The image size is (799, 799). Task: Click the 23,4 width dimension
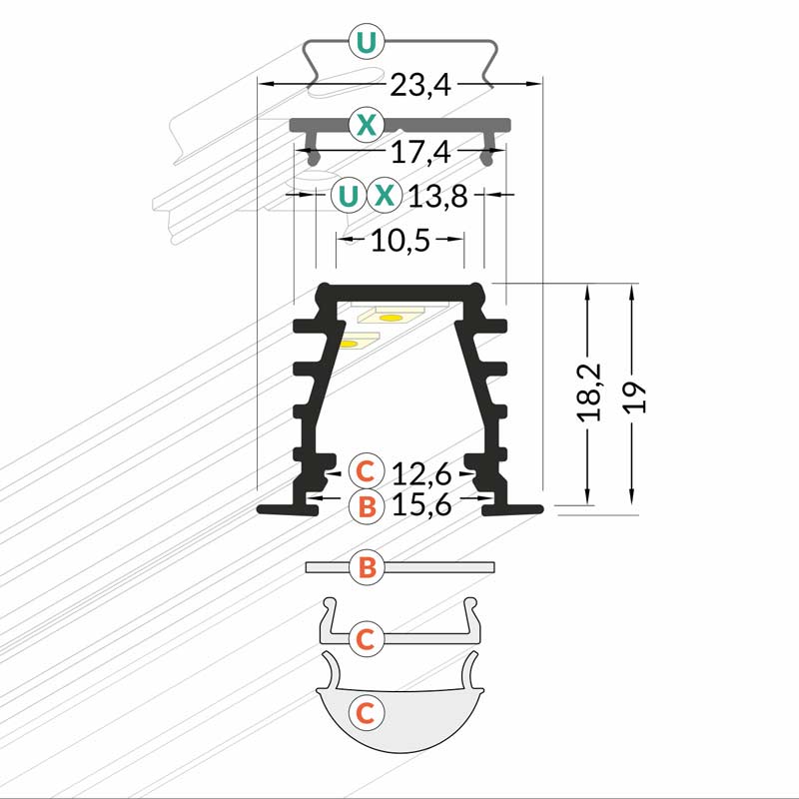[421, 85]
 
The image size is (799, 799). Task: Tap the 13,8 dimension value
[438, 196]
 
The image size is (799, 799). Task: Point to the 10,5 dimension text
[399, 240]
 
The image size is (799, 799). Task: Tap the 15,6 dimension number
[422, 505]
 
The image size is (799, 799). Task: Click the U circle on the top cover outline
[367, 42]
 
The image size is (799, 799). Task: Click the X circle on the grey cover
[367, 125]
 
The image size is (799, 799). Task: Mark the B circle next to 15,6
[367, 506]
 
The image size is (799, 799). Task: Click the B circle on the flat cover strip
[367, 568]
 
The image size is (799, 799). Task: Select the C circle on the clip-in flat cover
[367, 636]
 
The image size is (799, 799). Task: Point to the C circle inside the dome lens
[367, 712]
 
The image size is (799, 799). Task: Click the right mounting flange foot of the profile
[514, 509]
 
